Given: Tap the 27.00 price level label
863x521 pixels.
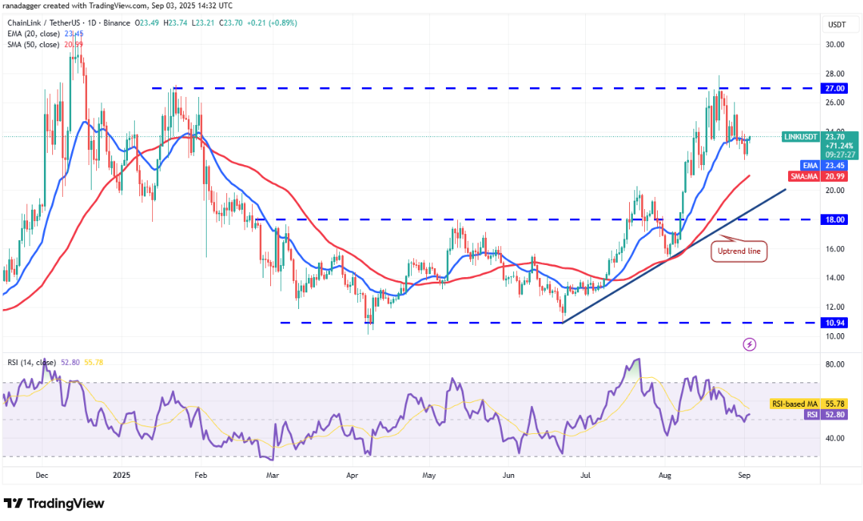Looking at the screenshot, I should point(835,88).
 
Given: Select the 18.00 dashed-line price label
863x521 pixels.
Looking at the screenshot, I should point(835,220).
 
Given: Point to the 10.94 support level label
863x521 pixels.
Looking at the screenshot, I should point(835,323).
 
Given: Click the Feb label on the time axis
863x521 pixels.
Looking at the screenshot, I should point(201,476).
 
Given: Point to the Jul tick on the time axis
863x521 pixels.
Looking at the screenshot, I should point(585,476).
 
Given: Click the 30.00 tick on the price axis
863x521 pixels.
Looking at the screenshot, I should point(835,45).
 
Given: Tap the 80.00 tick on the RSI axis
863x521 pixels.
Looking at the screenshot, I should point(835,364).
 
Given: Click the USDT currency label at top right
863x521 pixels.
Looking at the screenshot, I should point(836,24).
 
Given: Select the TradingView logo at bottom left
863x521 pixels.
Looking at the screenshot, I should point(55,504).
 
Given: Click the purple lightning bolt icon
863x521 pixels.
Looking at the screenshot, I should point(749,345).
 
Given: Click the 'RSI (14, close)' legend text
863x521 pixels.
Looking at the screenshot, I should point(32,362).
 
